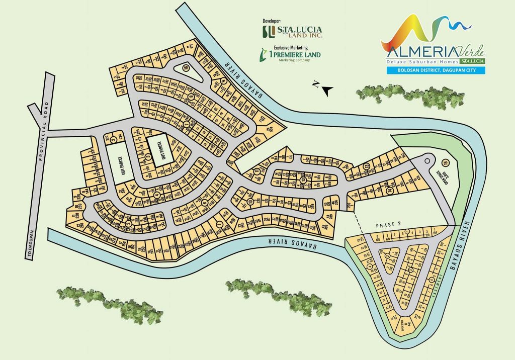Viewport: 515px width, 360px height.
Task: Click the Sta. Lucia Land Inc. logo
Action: tap(292, 32)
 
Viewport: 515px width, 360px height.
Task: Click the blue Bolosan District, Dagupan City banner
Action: tap(436, 70)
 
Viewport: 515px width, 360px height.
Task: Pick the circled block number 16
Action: tap(186, 69)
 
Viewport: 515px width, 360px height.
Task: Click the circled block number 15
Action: tap(445, 162)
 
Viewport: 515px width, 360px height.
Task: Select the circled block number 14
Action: tap(389, 191)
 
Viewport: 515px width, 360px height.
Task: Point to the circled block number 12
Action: tap(367, 166)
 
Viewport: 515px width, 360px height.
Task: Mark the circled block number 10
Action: tap(250, 203)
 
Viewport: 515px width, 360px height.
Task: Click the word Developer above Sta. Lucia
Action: tap(272, 21)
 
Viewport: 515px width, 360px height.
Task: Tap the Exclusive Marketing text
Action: tap(277, 47)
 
